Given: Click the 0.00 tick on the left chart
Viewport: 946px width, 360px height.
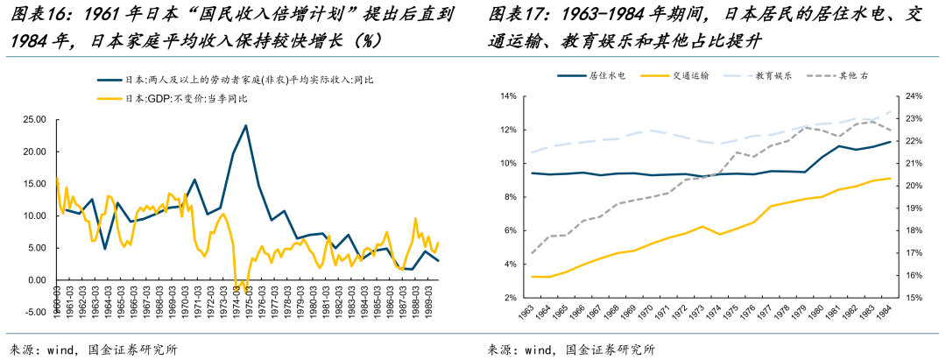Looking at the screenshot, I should pos(34,279).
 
